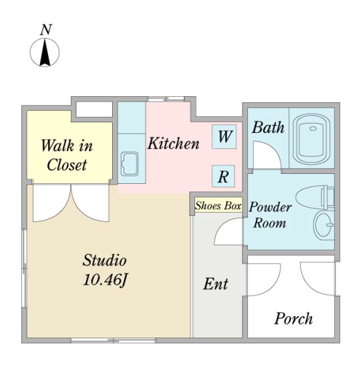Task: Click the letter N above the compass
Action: click(x=46, y=30)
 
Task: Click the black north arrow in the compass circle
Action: click(x=45, y=53)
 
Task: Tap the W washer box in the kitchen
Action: click(x=224, y=136)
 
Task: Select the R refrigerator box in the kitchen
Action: click(x=223, y=176)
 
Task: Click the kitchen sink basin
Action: click(x=130, y=164)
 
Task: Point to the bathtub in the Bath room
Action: click(x=312, y=139)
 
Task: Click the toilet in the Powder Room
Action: click(x=315, y=197)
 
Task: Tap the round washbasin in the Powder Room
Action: click(x=324, y=225)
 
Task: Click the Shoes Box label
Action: click(x=218, y=206)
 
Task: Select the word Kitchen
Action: click(x=173, y=143)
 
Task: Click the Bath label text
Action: click(x=268, y=128)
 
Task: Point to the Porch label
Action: click(x=293, y=319)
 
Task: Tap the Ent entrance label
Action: click(x=216, y=283)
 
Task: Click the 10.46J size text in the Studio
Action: click(x=105, y=279)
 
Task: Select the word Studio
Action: click(x=104, y=260)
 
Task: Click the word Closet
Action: click(x=67, y=165)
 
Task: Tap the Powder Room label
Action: click(x=270, y=215)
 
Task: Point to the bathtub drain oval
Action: click(x=313, y=128)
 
